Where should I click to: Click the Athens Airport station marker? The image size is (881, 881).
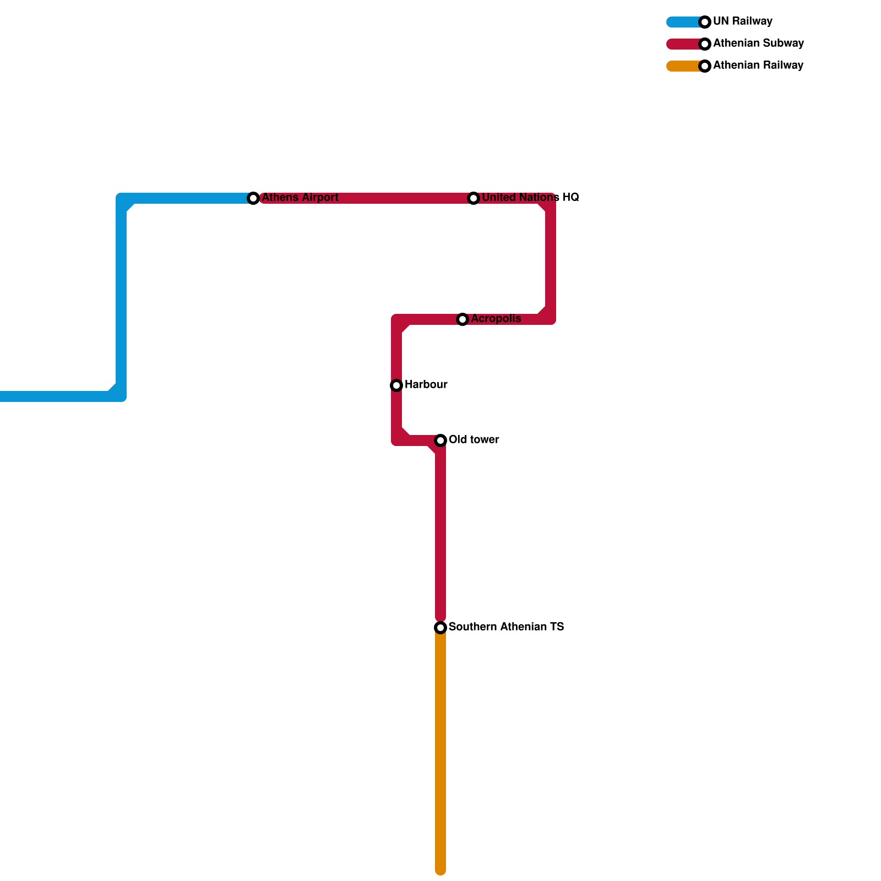(x=253, y=198)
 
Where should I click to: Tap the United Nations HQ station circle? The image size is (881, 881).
(x=474, y=198)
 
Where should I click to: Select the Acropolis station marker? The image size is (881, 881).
(x=463, y=319)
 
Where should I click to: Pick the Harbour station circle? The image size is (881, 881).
(x=396, y=385)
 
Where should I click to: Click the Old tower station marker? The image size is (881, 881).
(x=440, y=440)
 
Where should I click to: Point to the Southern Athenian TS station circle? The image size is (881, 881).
(x=440, y=628)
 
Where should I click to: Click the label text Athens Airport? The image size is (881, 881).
(x=300, y=198)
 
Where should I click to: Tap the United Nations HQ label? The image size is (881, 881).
(x=530, y=198)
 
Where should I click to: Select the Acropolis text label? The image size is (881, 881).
(x=496, y=319)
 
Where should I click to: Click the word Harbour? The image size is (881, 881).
(x=426, y=385)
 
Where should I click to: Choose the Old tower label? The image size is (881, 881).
(x=474, y=440)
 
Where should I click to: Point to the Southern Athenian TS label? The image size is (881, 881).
(x=506, y=627)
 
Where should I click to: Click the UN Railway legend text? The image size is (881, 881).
(x=742, y=21)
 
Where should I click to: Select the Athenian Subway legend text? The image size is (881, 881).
(x=758, y=43)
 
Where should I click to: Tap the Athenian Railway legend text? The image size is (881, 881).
(x=758, y=66)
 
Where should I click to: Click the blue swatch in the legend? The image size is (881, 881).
(x=683, y=22)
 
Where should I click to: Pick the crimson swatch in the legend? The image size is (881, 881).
(x=683, y=44)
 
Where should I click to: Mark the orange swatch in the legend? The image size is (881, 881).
(x=683, y=66)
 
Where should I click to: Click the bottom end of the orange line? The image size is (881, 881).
(x=440, y=870)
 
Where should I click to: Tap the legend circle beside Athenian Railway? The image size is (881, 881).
(x=705, y=66)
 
